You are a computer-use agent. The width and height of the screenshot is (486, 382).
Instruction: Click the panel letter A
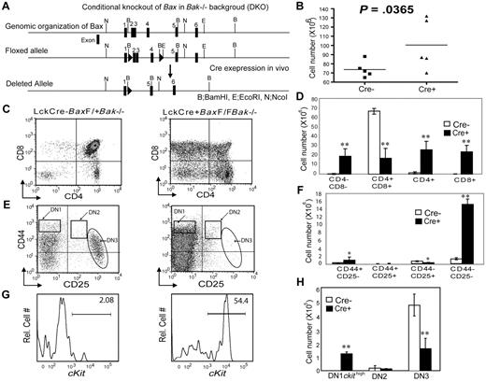(8, 8)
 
